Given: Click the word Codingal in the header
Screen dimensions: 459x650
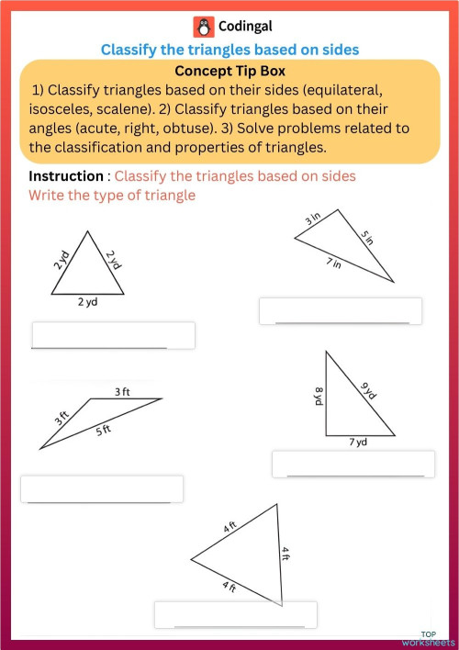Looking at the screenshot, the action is (245, 27).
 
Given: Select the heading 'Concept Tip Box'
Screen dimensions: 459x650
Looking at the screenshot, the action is (229, 71).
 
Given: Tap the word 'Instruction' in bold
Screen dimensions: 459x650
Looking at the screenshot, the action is (65, 176).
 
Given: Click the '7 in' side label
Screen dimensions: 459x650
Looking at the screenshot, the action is (333, 264).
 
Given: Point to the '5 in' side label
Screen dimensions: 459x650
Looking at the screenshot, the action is (366, 239).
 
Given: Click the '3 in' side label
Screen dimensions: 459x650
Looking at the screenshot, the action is (313, 219).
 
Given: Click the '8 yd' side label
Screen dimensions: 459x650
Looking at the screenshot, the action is (319, 397).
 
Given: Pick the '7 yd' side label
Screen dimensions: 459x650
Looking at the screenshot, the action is (357, 442).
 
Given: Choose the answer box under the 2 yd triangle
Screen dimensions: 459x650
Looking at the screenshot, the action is (113, 335).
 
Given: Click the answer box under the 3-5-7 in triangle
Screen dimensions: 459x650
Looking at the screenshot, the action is (341, 310).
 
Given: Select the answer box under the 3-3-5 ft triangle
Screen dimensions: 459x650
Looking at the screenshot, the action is (102, 488).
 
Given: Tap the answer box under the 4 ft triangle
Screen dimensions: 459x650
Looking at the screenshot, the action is (236, 614).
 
